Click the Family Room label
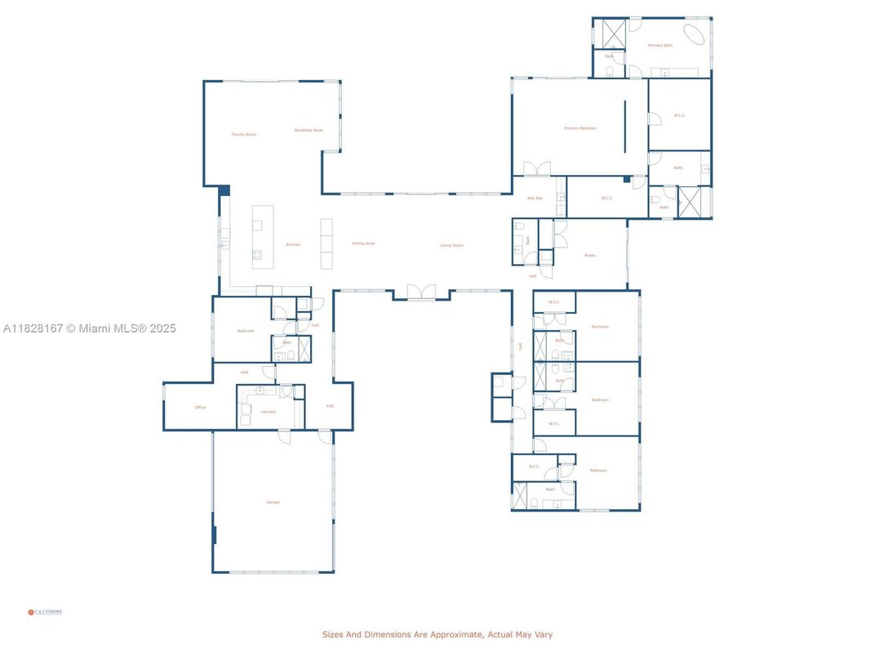click(243, 134)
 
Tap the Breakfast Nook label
click(309, 130)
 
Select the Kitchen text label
click(293, 244)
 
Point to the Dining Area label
click(363, 243)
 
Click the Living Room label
click(451, 245)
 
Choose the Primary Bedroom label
click(580, 128)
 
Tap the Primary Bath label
click(660, 45)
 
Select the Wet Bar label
click(535, 198)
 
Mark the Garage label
click(273, 502)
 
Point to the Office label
click(200, 407)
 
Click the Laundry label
click(268, 412)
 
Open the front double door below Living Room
click(421, 292)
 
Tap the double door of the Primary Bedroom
click(537, 169)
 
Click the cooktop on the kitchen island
click(257, 255)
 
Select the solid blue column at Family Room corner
click(224, 190)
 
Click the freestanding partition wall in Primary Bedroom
click(625, 126)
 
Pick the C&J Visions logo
click(46, 611)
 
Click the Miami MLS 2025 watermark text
click(89, 328)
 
